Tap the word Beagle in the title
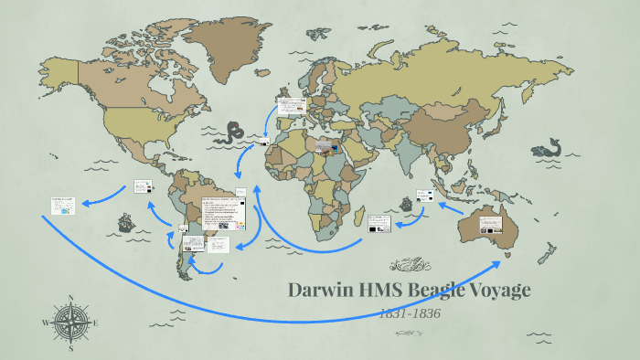[443, 291]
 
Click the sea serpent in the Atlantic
[235, 130]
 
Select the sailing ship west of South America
[123, 222]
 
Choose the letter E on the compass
[97, 323]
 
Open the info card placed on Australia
[489, 219]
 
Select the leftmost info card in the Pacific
[63, 204]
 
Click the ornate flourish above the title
[409, 266]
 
